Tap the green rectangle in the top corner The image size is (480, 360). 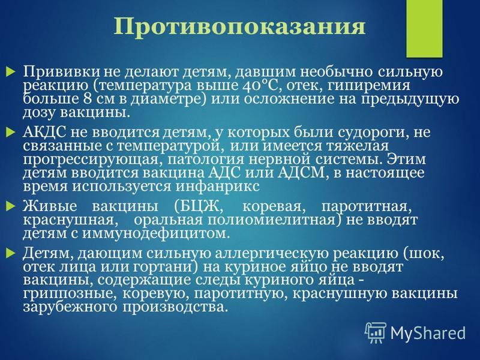pos(424,28)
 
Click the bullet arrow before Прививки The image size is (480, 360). pos(11,73)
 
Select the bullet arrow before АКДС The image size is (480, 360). pos(11,133)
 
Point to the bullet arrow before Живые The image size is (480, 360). pos(11,206)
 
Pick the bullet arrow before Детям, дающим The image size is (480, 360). pos(11,253)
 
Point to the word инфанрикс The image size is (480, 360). pos(218,187)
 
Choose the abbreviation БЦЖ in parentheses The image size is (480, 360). pos(198,206)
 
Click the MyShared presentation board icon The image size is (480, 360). pos(376,332)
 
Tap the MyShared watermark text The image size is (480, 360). pos(428,333)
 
